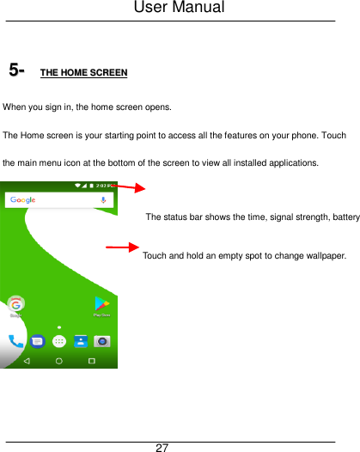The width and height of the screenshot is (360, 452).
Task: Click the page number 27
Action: pyautogui.click(x=162, y=447)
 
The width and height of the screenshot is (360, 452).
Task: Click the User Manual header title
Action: pyautogui.click(x=180, y=8)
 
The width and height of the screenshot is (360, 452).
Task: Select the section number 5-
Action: pyautogui.click(x=16, y=70)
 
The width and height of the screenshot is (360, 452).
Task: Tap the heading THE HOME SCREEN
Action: pyautogui.click(x=84, y=72)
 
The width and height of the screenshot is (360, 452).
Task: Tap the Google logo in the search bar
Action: pyautogui.click(x=23, y=200)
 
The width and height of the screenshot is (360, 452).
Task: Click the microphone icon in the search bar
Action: pyautogui.click(x=103, y=200)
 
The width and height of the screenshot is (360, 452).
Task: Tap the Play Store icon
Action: pyautogui.click(x=101, y=304)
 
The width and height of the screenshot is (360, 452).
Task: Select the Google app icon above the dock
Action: pyautogui.click(x=15, y=304)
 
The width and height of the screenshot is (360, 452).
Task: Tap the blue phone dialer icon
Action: pyautogui.click(x=15, y=340)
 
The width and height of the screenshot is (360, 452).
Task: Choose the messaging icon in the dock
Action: pyautogui.click(x=38, y=340)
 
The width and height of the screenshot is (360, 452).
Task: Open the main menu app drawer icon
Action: pyautogui.click(x=58, y=340)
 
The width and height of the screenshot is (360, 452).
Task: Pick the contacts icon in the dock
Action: pyautogui.click(x=80, y=340)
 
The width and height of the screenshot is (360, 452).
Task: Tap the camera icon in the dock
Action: pyautogui.click(x=102, y=340)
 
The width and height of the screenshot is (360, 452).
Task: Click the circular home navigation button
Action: pyautogui.click(x=58, y=361)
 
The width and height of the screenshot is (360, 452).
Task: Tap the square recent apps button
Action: pyautogui.click(x=91, y=361)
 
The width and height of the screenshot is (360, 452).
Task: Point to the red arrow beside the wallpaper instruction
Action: pyautogui.click(x=122, y=248)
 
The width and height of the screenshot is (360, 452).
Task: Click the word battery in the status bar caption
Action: pyautogui.click(x=342, y=216)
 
